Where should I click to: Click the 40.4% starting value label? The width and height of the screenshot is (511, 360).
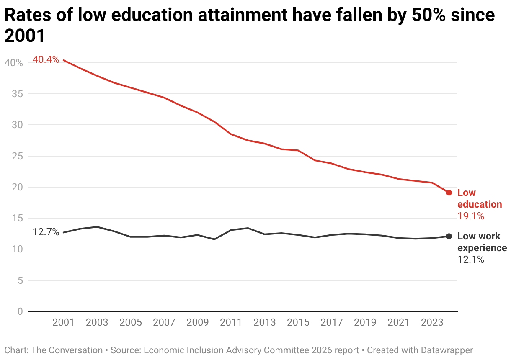[46, 60]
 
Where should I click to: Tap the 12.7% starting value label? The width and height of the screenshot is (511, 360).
[46, 232]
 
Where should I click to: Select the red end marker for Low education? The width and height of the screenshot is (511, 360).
[449, 193]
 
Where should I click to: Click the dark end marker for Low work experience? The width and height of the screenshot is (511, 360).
[449, 237]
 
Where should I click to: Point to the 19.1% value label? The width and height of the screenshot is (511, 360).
[471, 216]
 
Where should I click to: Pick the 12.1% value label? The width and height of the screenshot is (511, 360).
[471, 260]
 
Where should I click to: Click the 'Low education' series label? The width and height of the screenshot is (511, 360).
[479, 198]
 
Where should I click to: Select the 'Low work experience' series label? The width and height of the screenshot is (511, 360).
[482, 242]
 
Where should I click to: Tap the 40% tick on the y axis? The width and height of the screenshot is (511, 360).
[14, 63]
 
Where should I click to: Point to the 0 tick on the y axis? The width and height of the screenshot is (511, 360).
[20, 311]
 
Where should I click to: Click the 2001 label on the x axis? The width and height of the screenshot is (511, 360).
[64, 322]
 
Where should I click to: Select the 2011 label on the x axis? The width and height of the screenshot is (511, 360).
[231, 322]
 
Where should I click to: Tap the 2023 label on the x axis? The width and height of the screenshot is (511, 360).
[432, 322]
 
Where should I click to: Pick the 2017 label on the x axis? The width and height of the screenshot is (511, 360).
[332, 322]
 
